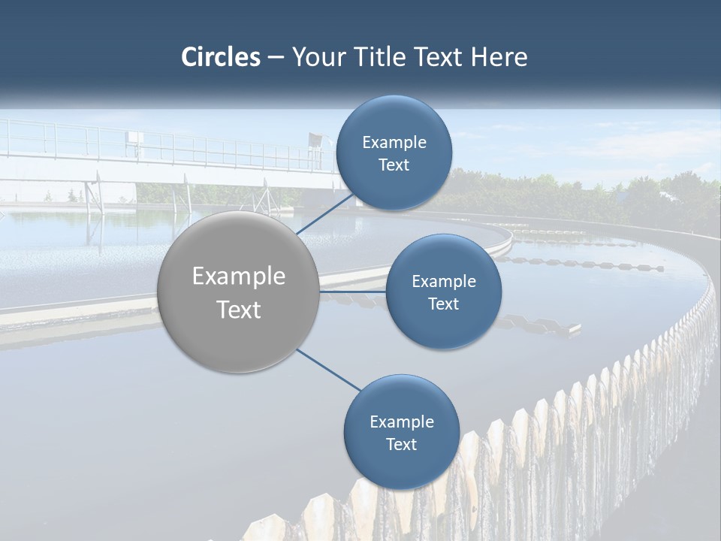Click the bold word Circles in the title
coord(221,57)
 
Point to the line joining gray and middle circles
coord(351,292)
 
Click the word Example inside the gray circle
coord(238,277)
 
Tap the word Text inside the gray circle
coord(238,310)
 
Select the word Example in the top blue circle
coord(394,143)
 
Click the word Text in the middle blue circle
coord(443,304)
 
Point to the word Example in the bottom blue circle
coord(401,422)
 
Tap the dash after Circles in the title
coord(276,58)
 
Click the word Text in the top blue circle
coord(394,165)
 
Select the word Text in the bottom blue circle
coord(401,445)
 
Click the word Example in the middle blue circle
coord(443,282)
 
